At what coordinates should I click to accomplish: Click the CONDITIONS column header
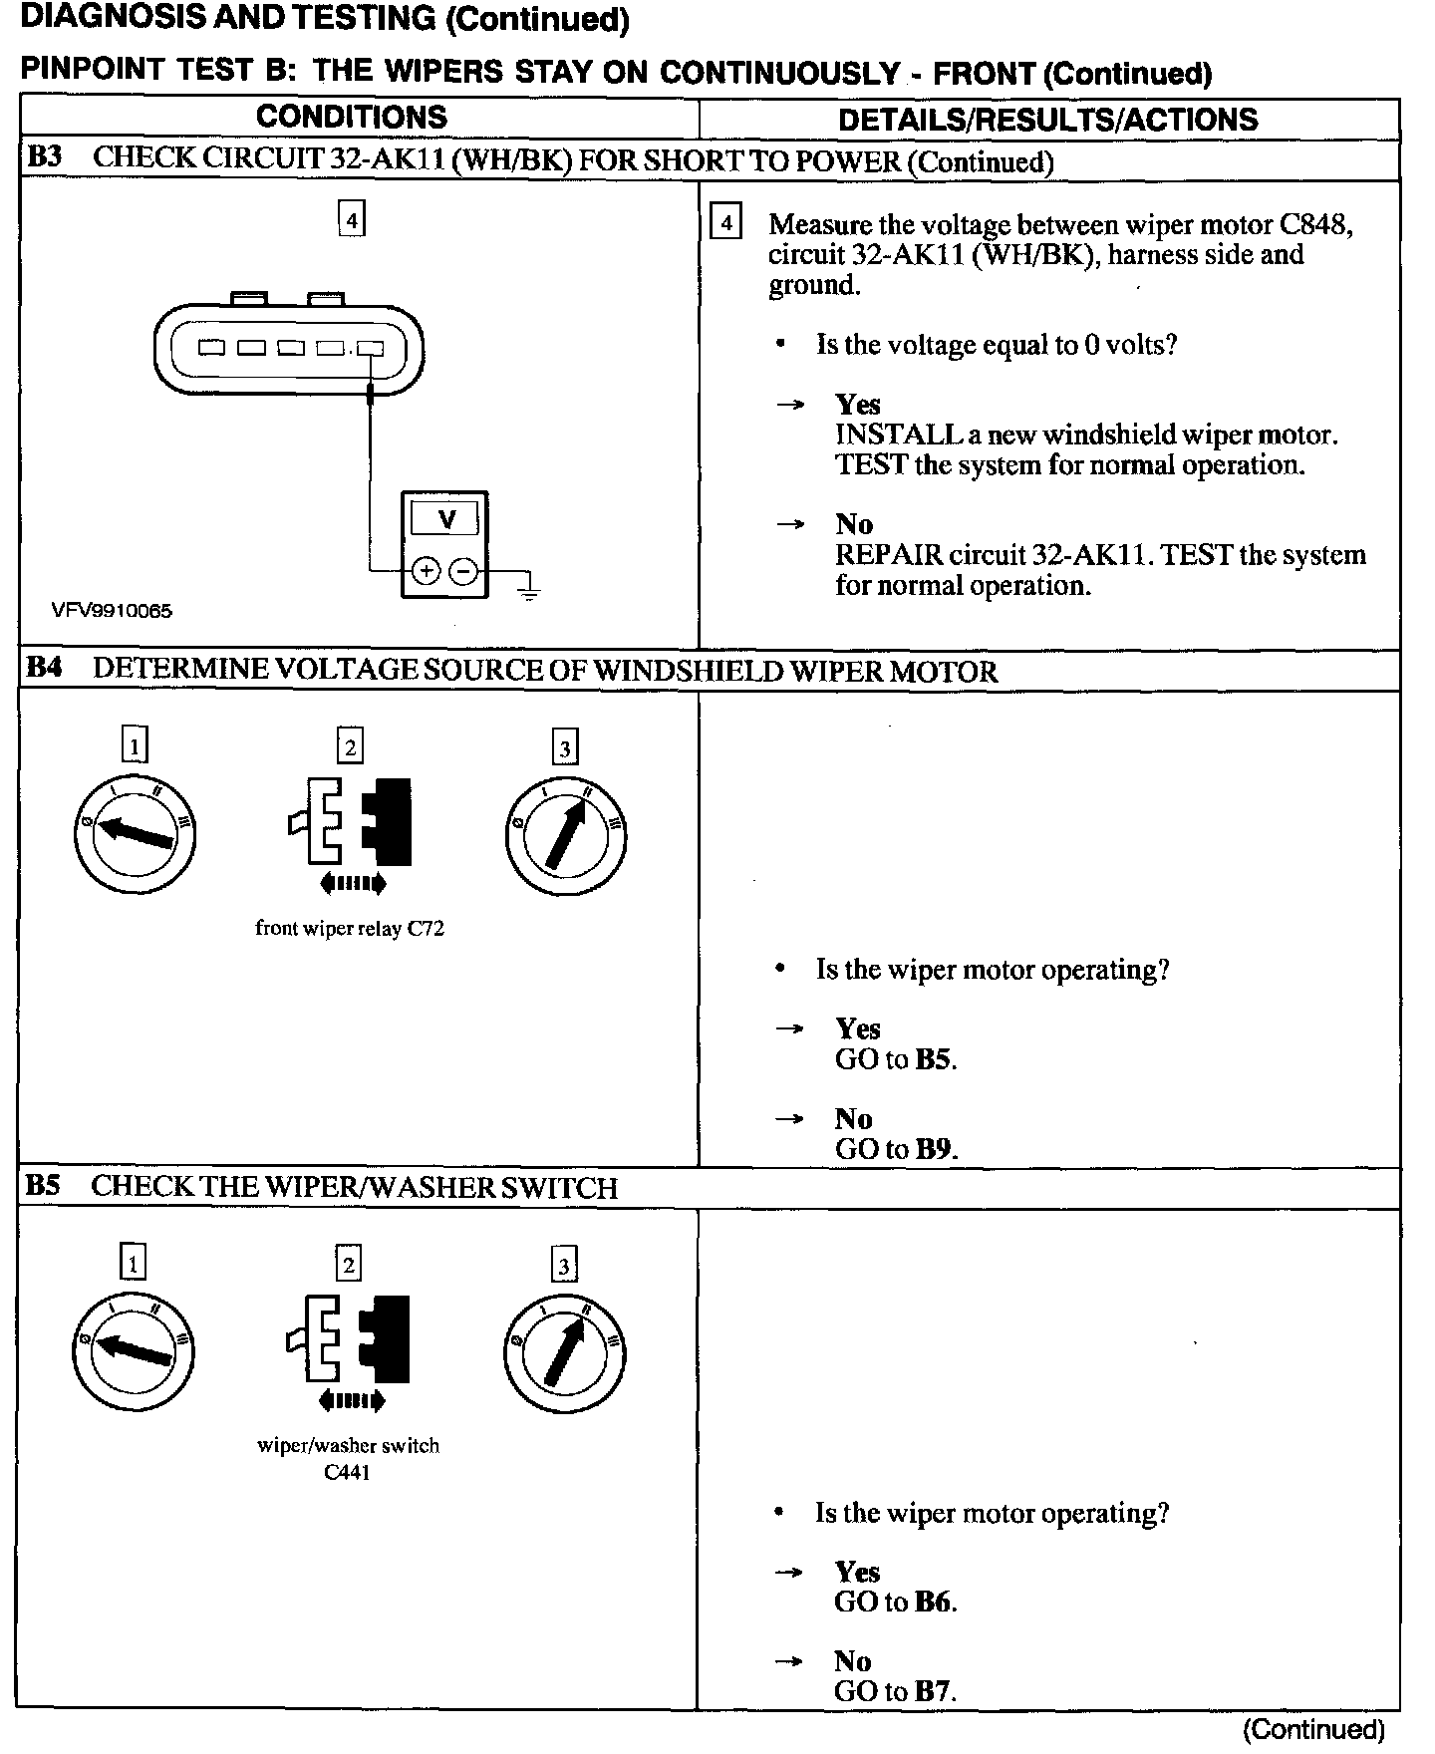[x=352, y=118]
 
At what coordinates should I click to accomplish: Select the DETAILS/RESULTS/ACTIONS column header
[x=1047, y=120]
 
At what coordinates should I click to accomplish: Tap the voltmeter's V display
[x=445, y=519]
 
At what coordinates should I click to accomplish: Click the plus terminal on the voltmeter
[x=426, y=571]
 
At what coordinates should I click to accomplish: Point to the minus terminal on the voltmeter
[x=463, y=571]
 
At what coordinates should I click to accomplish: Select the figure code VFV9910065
[x=112, y=611]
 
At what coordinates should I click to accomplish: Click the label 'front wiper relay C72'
[x=350, y=928]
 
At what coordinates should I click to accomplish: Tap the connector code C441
[x=348, y=1472]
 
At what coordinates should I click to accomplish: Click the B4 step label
[x=43, y=668]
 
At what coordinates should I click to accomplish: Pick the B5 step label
[x=43, y=1186]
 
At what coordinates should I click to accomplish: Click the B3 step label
[x=44, y=158]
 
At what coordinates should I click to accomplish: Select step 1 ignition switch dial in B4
[x=135, y=833]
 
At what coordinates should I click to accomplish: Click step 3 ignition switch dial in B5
[x=565, y=1352]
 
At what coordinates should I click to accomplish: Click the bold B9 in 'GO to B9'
[x=934, y=1149]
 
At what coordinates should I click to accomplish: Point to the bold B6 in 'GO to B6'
[x=934, y=1602]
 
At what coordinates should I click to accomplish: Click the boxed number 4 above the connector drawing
[x=351, y=218]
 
